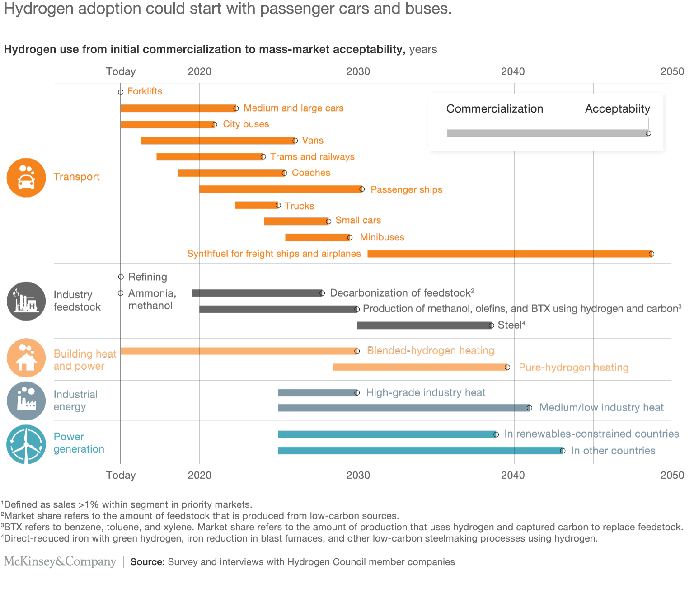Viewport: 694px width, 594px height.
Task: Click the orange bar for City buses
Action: (167, 124)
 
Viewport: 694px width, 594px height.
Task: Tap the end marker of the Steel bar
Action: (491, 325)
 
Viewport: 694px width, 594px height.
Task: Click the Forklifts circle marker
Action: (121, 92)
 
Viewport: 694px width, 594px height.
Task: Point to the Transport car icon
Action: (26, 178)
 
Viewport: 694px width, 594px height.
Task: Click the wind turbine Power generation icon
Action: (26, 444)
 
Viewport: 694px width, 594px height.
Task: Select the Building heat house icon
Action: (26, 358)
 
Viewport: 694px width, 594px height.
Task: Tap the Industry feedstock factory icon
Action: (26, 302)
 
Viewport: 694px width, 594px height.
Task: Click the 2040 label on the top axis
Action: (513, 71)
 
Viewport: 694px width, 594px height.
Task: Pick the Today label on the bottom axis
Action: (121, 475)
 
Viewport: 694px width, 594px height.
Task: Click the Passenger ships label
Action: (406, 189)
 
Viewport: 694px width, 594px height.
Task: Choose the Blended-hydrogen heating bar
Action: (238, 351)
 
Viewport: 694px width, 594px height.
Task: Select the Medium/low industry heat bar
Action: (403, 408)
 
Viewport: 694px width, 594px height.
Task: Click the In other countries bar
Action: (420, 451)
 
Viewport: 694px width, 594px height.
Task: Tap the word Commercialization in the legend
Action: (495, 109)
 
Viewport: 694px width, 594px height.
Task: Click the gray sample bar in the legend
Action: (547, 133)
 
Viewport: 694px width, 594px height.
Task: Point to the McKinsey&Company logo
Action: (60, 561)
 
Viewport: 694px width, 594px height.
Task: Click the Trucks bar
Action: (257, 206)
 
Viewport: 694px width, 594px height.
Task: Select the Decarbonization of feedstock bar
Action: (257, 293)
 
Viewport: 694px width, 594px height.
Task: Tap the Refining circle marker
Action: (121, 277)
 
